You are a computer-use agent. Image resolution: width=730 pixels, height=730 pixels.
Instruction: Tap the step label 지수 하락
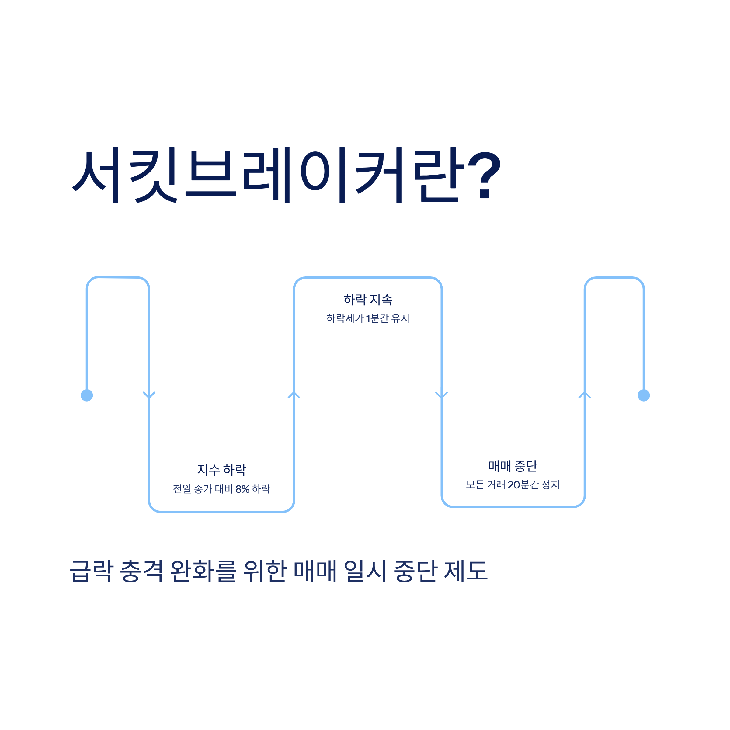click(x=221, y=470)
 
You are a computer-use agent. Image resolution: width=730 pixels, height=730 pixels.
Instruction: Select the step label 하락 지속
click(x=368, y=300)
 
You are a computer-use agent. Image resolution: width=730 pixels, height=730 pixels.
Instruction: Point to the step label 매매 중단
click(x=513, y=466)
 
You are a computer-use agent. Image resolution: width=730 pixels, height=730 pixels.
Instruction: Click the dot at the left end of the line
click(x=87, y=395)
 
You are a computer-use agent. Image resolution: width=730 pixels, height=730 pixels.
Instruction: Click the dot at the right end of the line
click(x=644, y=395)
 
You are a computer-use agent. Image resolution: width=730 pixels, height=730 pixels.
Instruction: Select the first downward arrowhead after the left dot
click(x=149, y=395)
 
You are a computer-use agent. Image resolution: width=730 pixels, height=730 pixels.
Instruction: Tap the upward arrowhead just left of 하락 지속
click(x=294, y=395)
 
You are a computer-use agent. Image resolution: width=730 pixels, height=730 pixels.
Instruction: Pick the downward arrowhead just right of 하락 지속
click(x=441, y=395)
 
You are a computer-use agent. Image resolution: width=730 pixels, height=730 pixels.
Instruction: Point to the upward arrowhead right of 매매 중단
click(x=585, y=395)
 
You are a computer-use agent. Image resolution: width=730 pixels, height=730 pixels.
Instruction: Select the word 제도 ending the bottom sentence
click(x=465, y=571)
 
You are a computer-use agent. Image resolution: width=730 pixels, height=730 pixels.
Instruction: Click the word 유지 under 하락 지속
click(x=400, y=318)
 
